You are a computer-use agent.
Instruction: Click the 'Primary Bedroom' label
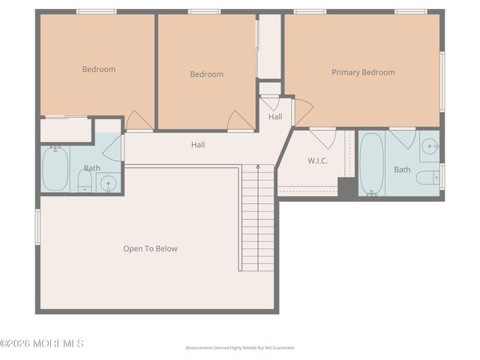tap(363, 73)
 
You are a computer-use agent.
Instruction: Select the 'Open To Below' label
tap(150, 248)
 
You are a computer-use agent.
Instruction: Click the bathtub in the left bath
tap(55, 169)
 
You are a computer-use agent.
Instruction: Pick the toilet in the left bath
tap(85, 180)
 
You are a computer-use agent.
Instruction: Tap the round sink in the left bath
tap(109, 182)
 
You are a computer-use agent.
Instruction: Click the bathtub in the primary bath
tap(372, 163)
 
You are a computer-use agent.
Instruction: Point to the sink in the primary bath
tap(429, 146)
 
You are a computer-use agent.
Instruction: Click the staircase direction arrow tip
tap(258, 166)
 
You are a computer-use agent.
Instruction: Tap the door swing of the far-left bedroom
tap(139, 121)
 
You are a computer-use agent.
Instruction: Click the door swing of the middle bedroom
tap(240, 121)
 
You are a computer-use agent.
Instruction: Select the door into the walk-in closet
tap(323, 137)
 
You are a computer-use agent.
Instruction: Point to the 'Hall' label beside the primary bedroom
tap(275, 117)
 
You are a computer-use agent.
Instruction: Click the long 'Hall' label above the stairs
tap(198, 145)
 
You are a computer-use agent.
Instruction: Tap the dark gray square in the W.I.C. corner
tap(347, 187)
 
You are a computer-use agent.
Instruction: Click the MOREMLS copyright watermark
tap(42, 343)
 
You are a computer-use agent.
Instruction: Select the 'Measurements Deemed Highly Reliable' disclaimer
tap(240, 348)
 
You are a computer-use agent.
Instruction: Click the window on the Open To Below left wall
tap(37, 226)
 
